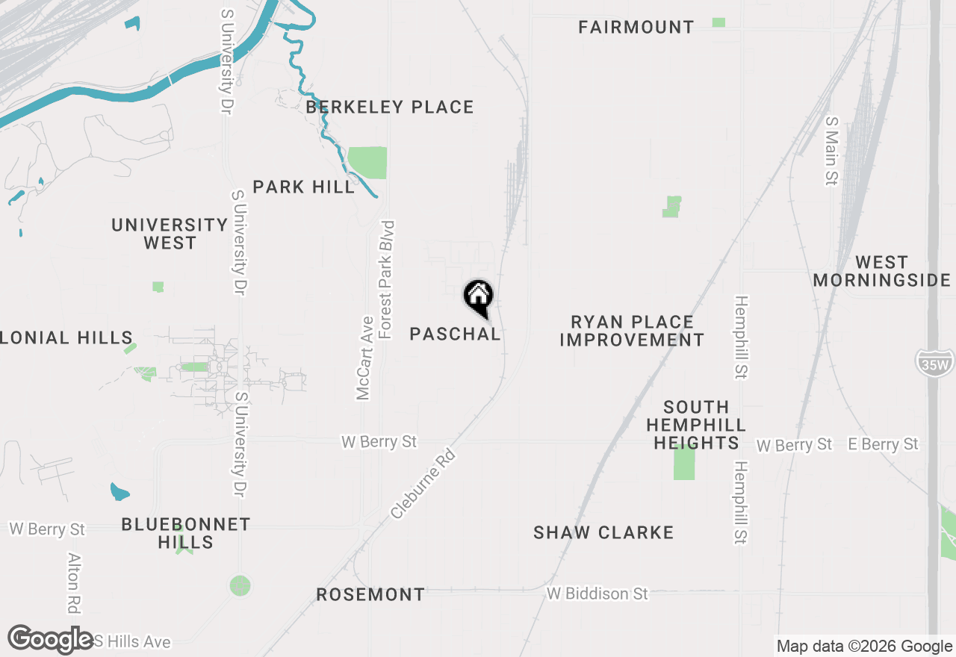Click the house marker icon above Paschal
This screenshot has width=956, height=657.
tap(478, 296)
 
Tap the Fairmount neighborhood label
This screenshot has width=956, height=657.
tap(636, 28)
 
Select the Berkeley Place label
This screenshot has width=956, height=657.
tap(390, 108)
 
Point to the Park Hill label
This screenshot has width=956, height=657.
tap(304, 187)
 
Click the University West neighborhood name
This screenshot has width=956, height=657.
tap(170, 234)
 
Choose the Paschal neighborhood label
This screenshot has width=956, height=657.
tap(455, 334)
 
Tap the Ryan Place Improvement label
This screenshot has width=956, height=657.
tap(632, 331)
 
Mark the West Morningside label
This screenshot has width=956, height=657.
tap(881, 271)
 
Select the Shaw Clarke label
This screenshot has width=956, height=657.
tap(603, 532)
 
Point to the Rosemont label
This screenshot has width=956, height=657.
tap(370, 595)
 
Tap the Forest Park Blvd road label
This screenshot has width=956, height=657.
tap(386, 279)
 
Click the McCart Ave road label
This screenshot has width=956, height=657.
tap(364, 358)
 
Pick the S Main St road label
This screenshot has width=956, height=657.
tap(831, 150)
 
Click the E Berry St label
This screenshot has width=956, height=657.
tap(883, 444)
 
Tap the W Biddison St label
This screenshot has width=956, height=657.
tap(597, 594)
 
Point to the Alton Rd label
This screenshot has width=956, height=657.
tap(73, 582)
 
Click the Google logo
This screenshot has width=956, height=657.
tap(50, 639)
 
